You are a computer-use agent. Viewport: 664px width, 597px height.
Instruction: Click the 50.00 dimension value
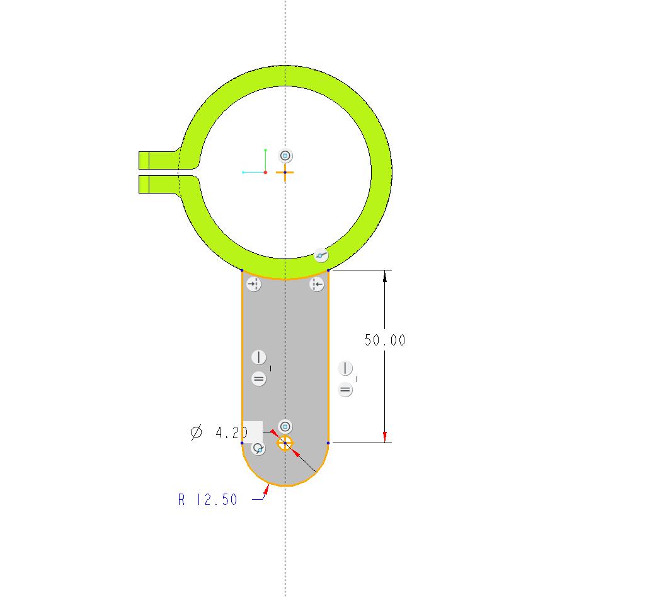tap(385, 340)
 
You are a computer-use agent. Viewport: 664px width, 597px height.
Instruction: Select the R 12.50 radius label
tap(207, 499)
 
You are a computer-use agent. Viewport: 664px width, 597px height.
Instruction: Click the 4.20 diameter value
tap(231, 432)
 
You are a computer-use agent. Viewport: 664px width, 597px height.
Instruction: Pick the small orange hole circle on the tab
tap(285, 443)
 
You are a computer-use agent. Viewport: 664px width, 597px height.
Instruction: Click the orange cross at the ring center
tap(285, 173)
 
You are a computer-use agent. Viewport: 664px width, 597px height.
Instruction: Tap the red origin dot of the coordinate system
tap(265, 173)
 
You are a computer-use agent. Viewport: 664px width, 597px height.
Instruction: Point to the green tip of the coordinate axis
tap(265, 150)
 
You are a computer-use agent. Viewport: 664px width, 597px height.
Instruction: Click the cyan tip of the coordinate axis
tap(243, 173)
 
